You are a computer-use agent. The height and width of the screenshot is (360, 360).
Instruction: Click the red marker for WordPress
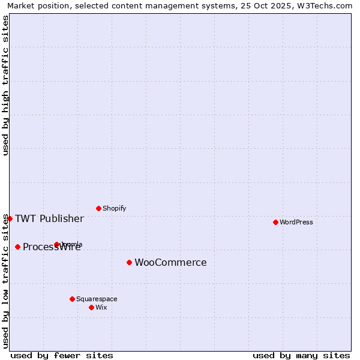(x=275, y=222)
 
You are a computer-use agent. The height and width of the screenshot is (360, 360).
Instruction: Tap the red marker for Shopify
(x=98, y=208)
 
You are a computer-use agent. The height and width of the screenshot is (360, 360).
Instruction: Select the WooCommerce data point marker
(x=129, y=262)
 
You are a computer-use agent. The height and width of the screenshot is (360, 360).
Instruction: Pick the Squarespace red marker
(x=72, y=299)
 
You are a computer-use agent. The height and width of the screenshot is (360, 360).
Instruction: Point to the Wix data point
(x=91, y=307)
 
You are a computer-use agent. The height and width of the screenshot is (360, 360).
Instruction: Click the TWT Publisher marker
(x=10, y=218)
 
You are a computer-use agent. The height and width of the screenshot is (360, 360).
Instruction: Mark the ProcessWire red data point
(x=17, y=247)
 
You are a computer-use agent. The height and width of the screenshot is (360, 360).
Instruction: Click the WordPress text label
(x=296, y=222)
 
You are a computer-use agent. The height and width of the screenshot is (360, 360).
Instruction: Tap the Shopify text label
(x=115, y=208)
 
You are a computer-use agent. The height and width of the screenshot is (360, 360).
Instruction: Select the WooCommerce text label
(x=170, y=262)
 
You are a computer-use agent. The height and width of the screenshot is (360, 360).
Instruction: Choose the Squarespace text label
(x=97, y=299)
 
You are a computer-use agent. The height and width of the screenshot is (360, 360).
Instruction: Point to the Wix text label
(x=101, y=307)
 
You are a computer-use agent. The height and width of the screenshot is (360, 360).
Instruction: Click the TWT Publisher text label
(x=49, y=218)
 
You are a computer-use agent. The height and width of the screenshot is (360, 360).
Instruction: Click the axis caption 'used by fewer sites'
(x=62, y=355)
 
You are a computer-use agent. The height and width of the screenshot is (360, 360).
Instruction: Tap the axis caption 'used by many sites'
(x=301, y=355)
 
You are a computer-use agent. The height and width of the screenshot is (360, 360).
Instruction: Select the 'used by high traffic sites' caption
(x=5, y=85)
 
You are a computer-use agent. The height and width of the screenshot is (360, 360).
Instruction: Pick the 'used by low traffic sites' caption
(x=5, y=281)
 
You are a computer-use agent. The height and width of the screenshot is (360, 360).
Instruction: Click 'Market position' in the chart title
(x=35, y=5)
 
